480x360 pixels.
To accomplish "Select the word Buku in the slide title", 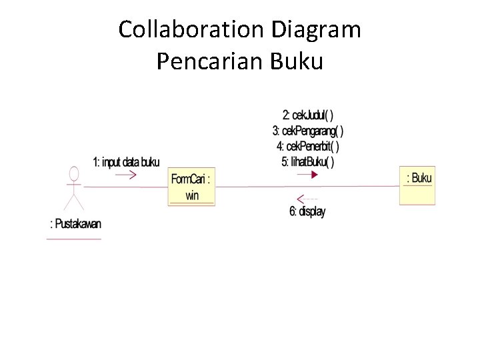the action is (x=297, y=61).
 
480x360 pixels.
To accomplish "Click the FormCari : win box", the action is (x=191, y=187).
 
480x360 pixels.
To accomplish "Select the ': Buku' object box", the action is (x=417, y=185).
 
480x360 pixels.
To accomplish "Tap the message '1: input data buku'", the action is (x=126, y=162).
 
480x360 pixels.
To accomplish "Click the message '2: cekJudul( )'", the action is (x=308, y=114).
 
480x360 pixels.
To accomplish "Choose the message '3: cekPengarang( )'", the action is (x=308, y=130).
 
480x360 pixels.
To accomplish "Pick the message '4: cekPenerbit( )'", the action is (x=308, y=146).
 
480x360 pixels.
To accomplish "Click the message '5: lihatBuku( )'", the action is (x=308, y=161).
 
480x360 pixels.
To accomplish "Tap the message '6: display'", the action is (x=307, y=212).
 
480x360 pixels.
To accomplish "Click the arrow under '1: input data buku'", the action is (x=125, y=175).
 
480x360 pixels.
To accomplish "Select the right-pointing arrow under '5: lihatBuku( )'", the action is (x=307, y=175).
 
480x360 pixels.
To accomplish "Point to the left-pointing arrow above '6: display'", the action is (x=307, y=199).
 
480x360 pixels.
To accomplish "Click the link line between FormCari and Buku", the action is (x=360, y=187).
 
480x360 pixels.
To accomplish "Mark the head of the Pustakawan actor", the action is (x=74, y=174).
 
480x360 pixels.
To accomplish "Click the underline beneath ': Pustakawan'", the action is (x=74, y=238).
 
